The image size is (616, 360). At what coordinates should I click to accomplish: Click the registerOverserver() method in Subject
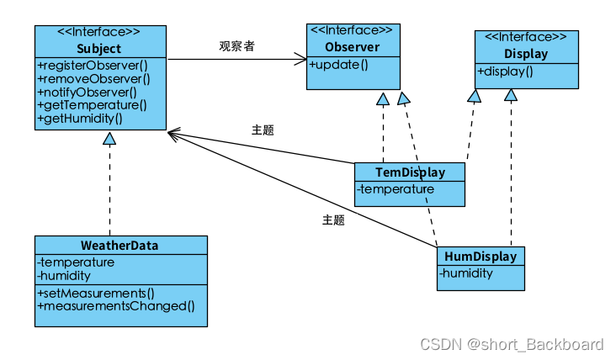pyautogui.click(x=92, y=65)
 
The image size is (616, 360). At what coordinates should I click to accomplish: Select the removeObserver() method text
pyautogui.click(x=93, y=78)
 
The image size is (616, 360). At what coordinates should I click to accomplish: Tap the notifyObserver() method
pyautogui.click(x=87, y=92)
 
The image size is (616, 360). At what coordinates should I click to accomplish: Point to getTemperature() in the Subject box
pyautogui.click(x=92, y=105)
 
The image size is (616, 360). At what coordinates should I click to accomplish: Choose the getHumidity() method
pyautogui.click(x=80, y=119)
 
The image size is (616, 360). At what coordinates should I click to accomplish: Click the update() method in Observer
pyautogui.click(x=339, y=64)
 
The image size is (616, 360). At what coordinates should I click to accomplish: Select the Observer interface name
pyautogui.click(x=352, y=47)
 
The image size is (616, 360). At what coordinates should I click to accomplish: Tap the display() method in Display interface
pyautogui.click(x=506, y=71)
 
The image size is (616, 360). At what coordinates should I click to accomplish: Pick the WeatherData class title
pyautogui.click(x=119, y=246)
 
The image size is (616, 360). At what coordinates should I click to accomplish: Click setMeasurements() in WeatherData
pyautogui.click(x=96, y=293)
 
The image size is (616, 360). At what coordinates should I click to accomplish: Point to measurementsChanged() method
pyautogui.click(x=115, y=306)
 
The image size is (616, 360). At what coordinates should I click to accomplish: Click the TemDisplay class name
pyautogui.click(x=410, y=172)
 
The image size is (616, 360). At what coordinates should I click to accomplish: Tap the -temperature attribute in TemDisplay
pyautogui.click(x=396, y=189)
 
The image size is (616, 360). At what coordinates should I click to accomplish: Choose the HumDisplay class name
pyautogui.click(x=481, y=256)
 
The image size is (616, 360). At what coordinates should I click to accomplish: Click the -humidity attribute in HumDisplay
pyautogui.click(x=466, y=273)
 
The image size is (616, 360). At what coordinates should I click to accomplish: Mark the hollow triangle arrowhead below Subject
pyautogui.click(x=109, y=138)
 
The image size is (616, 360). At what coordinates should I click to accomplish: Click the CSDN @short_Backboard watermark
pyautogui.click(x=512, y=343)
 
